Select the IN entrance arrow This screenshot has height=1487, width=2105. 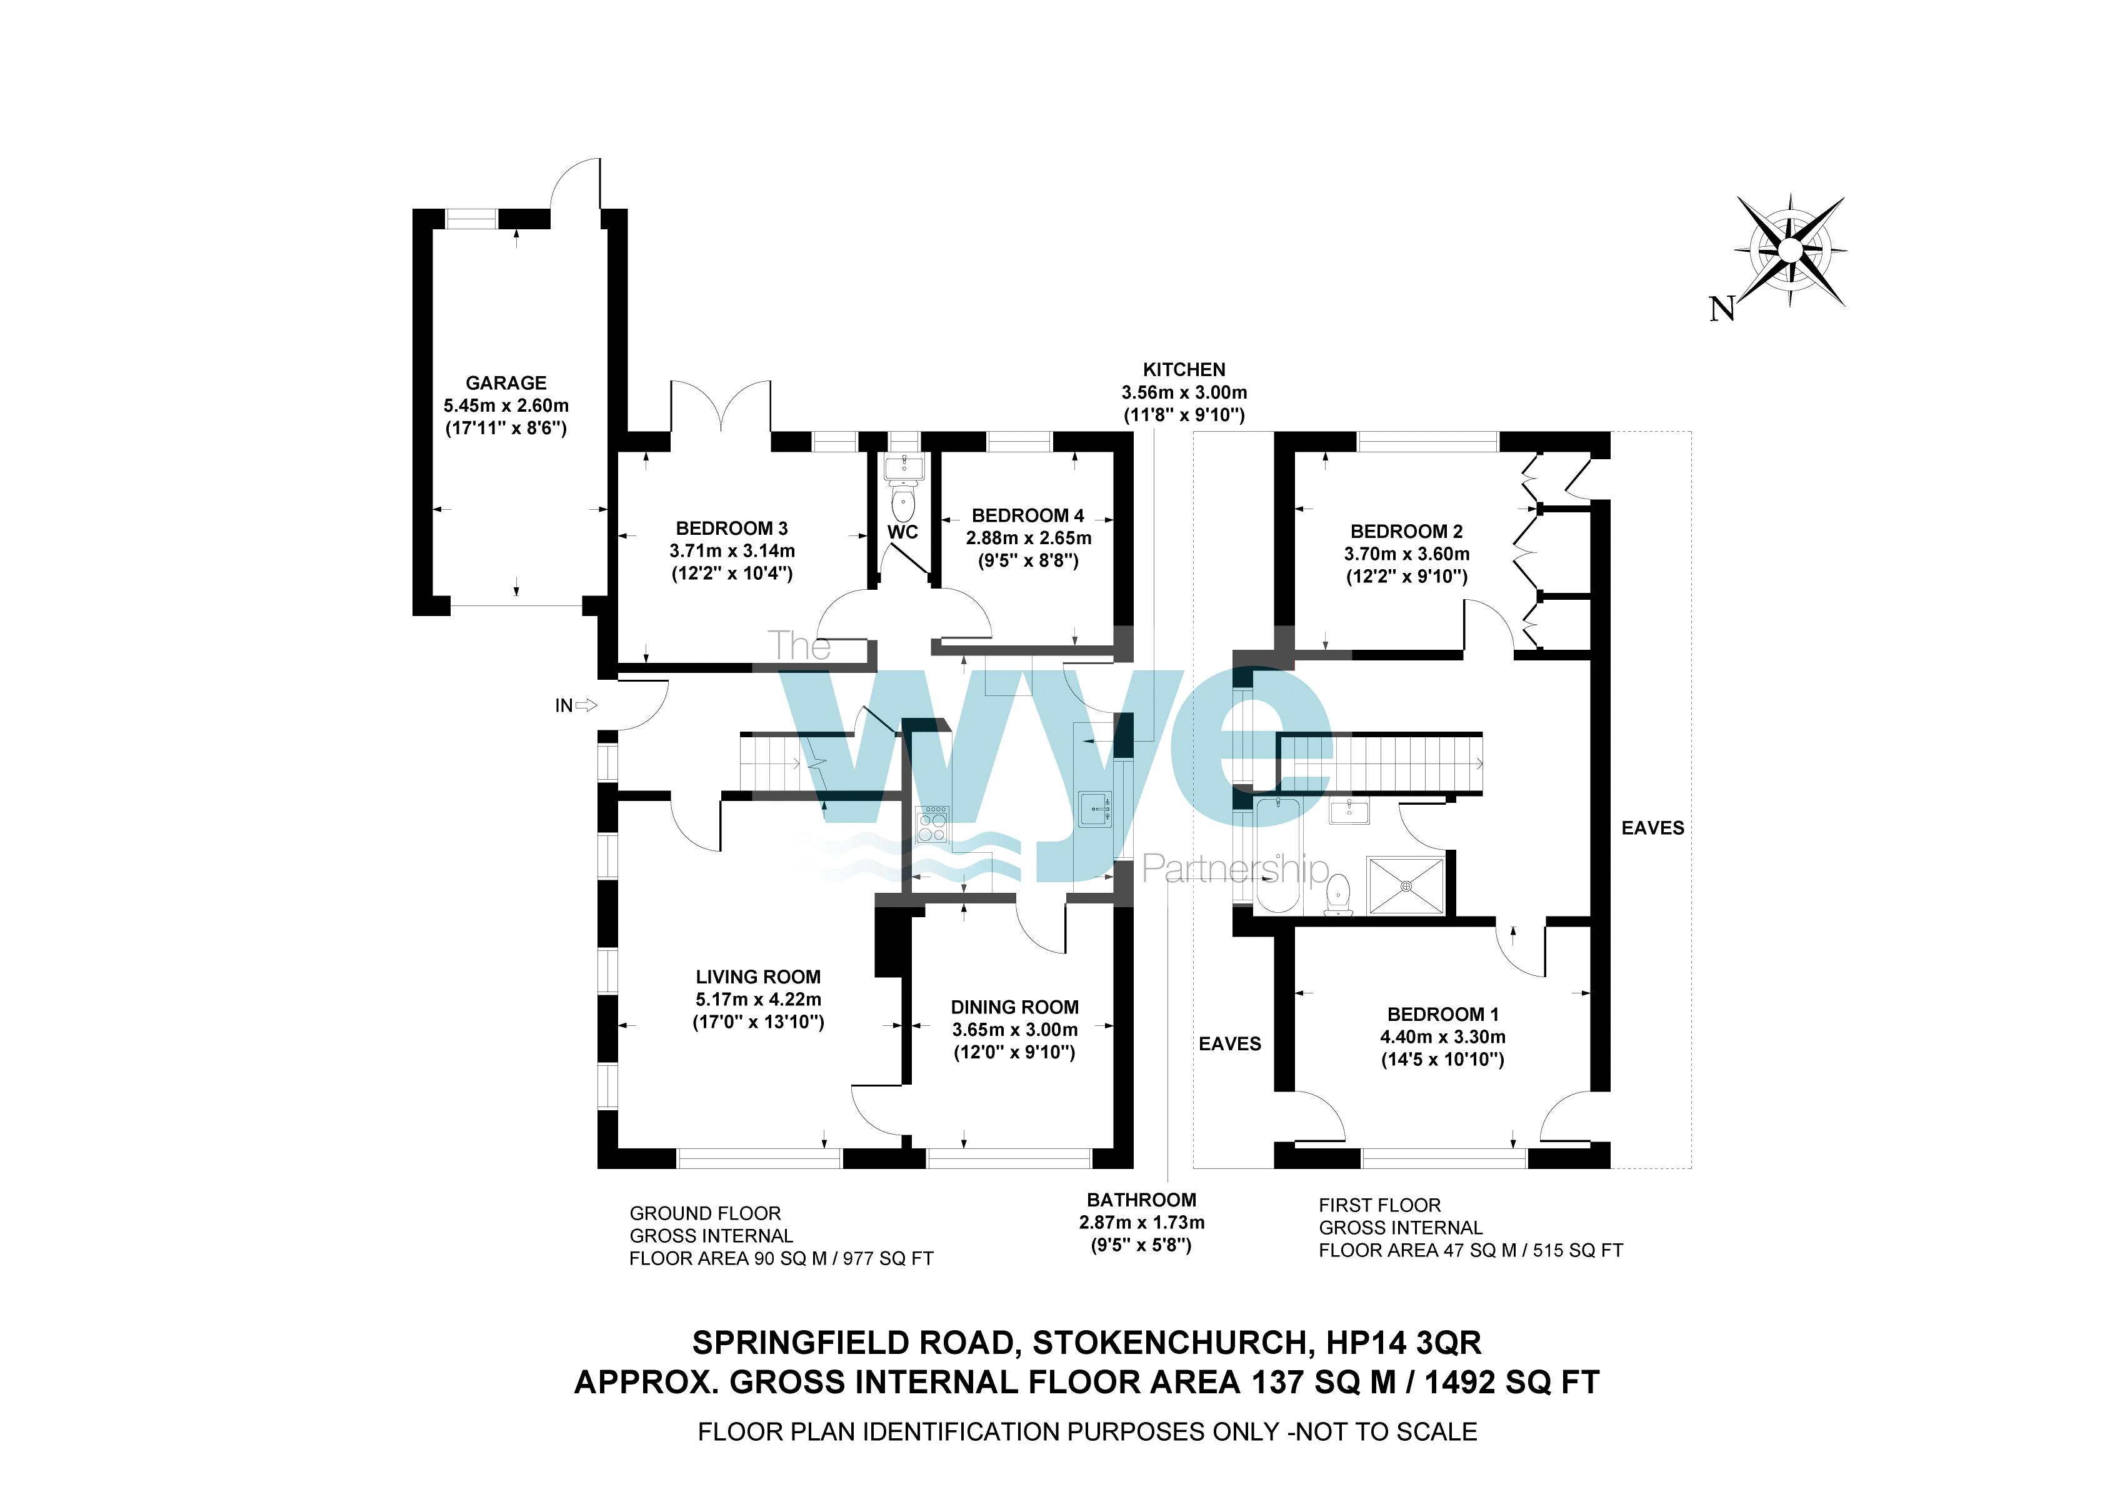(x=586, y=705)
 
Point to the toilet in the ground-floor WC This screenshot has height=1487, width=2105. (x=904, y=504)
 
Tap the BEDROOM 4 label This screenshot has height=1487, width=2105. (x=1027, y=515)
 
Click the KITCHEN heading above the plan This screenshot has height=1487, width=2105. (x=1184, y=369)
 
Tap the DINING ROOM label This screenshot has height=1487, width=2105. (x=1014, y=1007)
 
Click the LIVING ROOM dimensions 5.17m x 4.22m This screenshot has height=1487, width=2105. (x=757, y=999)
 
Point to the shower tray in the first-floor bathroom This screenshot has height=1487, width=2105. (x=1406, y=885)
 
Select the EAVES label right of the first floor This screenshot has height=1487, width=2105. (x=1652, y=828)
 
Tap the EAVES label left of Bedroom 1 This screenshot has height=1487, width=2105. (x=1229, y=1043)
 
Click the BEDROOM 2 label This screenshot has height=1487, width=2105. (x=1406, y=531)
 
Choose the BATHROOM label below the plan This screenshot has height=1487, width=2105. (x=1141, y=1200)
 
